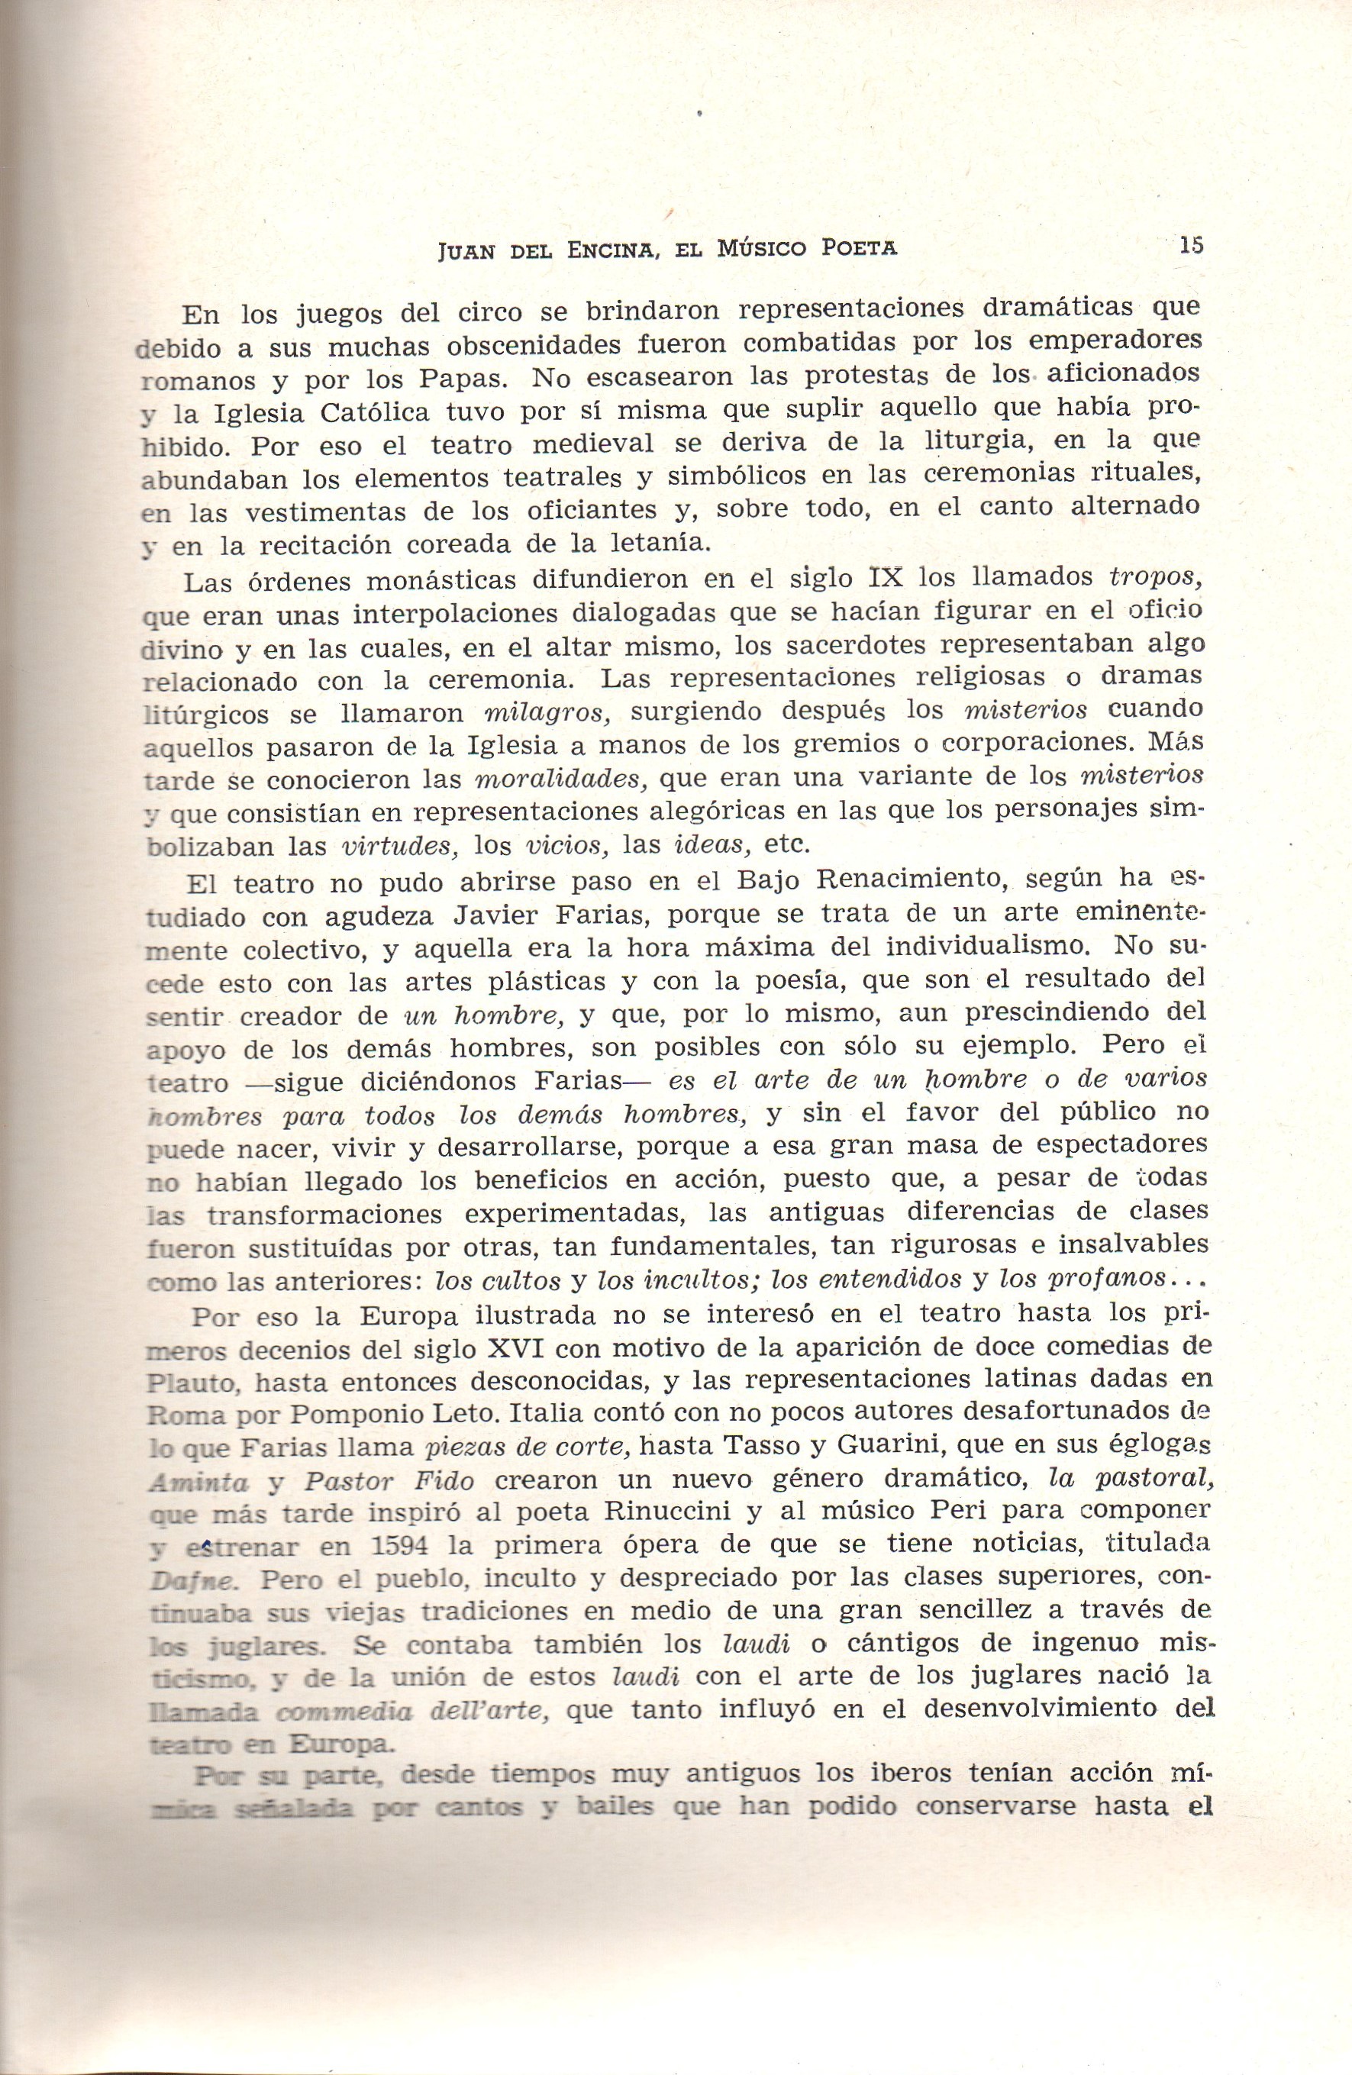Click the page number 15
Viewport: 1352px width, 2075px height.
(1190, 245)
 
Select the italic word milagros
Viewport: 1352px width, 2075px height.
(545, 713)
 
